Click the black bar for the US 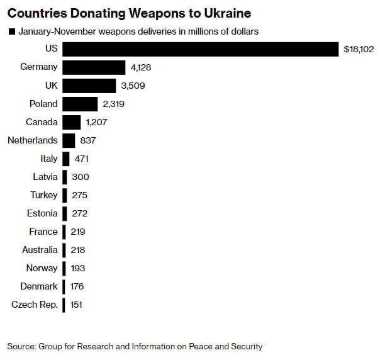coord(200,49)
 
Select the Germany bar coord(94,67)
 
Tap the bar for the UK coord(89,86)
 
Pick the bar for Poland coord(80,104)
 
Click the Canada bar coord(72,122)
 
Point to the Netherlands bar coord(69,140)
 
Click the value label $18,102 coord(359,49)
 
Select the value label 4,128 coord(141,67)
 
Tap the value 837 coord(88,140)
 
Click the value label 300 coord(80,177)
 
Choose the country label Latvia coord(45,177)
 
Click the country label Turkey coord(43,195)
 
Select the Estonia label coord(42,213)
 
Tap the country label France coord(43,232)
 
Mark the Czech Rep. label coord(35,305)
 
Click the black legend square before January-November coord(11,31)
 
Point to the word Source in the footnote coord(21,346)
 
